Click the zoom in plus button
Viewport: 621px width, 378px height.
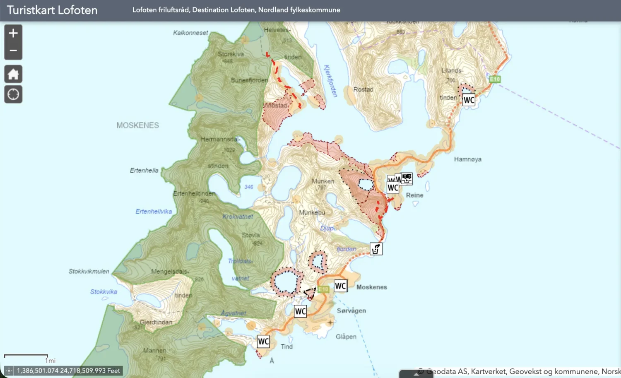13,33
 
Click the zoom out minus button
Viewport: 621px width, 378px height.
13,51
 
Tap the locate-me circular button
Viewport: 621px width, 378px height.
13,94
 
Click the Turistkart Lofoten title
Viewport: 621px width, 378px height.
52,10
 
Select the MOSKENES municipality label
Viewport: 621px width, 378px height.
137,125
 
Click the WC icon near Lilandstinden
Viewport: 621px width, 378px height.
469,100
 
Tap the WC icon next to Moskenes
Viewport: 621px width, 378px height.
340,286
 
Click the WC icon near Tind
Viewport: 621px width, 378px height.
263,342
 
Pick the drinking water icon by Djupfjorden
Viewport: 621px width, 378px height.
376,249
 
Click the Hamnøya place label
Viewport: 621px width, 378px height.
467,159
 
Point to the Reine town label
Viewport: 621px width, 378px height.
414,195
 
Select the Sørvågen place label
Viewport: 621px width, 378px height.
351,311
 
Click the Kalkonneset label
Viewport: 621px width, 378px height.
190,33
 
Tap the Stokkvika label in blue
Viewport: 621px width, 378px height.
103,291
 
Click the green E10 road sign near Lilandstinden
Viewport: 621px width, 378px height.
495,79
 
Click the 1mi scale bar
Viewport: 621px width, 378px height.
26,356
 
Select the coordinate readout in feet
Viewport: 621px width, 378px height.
68,371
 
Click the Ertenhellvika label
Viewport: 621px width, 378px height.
154,211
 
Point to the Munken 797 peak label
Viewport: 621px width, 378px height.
323,184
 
